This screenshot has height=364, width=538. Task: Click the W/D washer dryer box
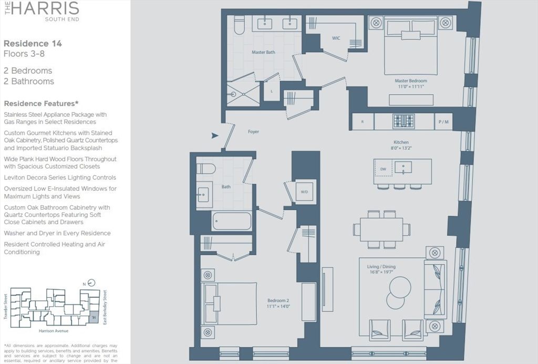tap(304, 192)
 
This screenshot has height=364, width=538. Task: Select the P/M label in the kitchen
tap(443, 122)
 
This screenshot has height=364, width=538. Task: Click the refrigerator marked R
tap(363, 122)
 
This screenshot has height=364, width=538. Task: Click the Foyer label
tap(253, 132)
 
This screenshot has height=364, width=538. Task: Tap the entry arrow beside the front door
tap(214, 136)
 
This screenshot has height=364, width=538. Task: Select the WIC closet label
tap(336, 38)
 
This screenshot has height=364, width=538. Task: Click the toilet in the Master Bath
tap(239, 25)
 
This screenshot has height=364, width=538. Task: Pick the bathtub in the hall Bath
tap(232, 221)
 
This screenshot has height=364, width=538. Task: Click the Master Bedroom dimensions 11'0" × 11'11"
tap(411, 87)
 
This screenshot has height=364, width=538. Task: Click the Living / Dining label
tap(381, 267)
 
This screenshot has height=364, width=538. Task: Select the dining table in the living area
tap(381, 229)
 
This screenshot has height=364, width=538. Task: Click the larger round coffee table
tap(400, 287)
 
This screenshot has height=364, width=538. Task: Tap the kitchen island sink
tap(403, 168)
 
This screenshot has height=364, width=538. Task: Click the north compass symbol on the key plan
tap(92, 282)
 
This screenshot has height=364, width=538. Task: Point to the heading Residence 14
tap(33, 44)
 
